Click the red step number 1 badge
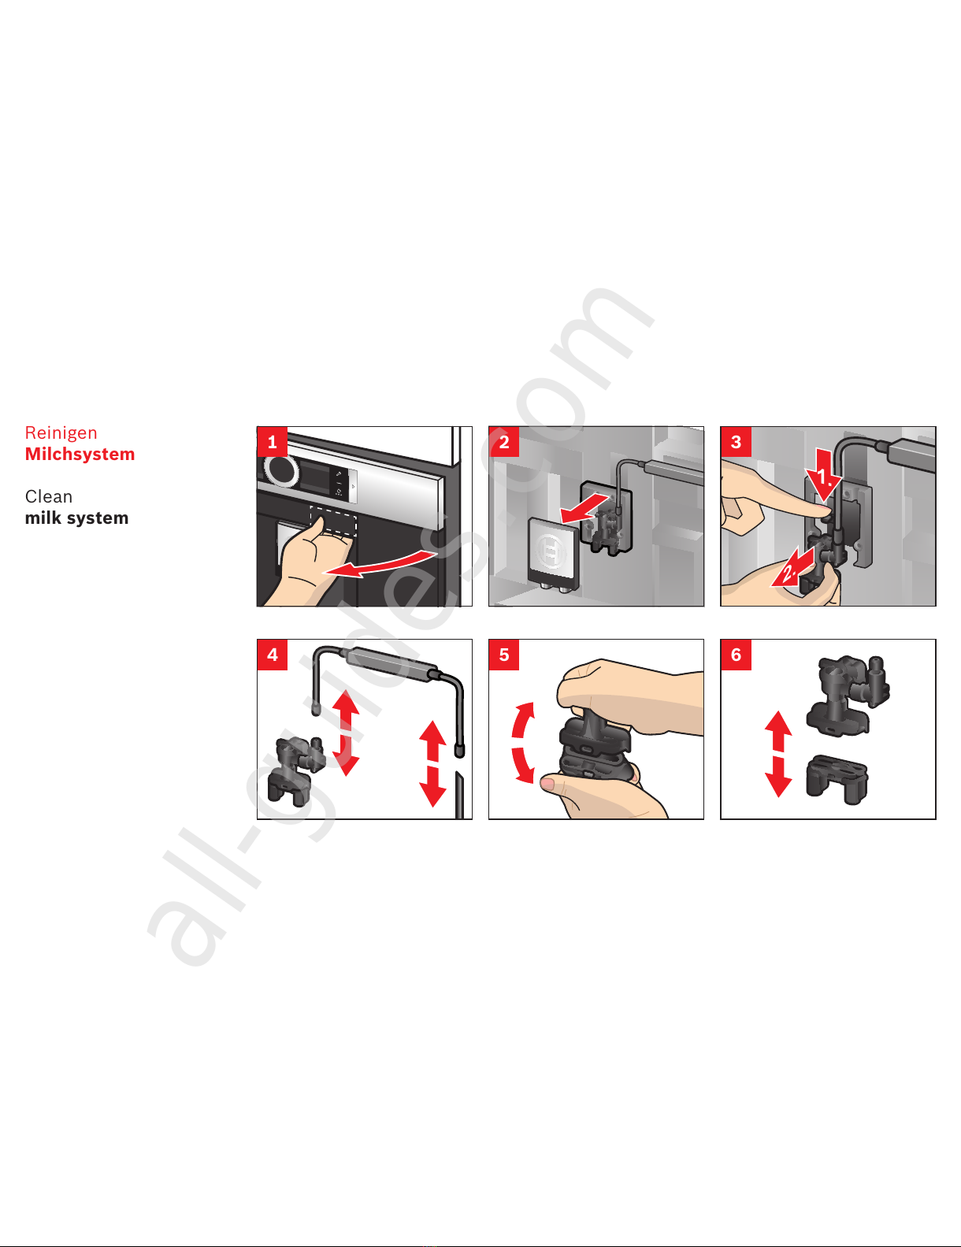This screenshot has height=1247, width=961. click(x=272, y=441)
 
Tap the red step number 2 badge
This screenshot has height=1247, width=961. click(x=503, y=441)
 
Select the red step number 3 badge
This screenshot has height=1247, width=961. click(x=736, y=441)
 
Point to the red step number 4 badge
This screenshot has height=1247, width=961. click(x=272, y=654)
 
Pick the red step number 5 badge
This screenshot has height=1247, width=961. click(x=503, y=654)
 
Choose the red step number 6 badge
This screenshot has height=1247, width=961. click(x=736, y=654)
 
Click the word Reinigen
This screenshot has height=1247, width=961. click(x=61, y=432)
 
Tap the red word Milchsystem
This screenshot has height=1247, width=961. click(x=80, y=454)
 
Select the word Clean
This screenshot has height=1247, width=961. click(x=49, y=496)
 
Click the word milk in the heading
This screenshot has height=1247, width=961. click(x=43, y=518)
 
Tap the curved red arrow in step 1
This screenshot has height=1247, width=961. click(x=379, y=565)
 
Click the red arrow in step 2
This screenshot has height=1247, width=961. click(x=584, y=510)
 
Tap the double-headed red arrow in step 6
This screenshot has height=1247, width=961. click(x=778, y=754)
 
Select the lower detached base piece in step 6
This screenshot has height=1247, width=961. click(x=837, y=779)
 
